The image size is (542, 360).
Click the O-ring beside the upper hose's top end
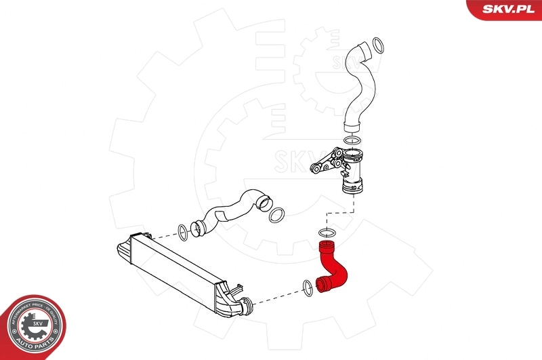click(x=379, y=47)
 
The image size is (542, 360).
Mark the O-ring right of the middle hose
click(x=276, y=215)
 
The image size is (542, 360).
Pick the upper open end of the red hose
click(x=326, y=243)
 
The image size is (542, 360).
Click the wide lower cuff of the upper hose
click(x=352, y=124)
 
